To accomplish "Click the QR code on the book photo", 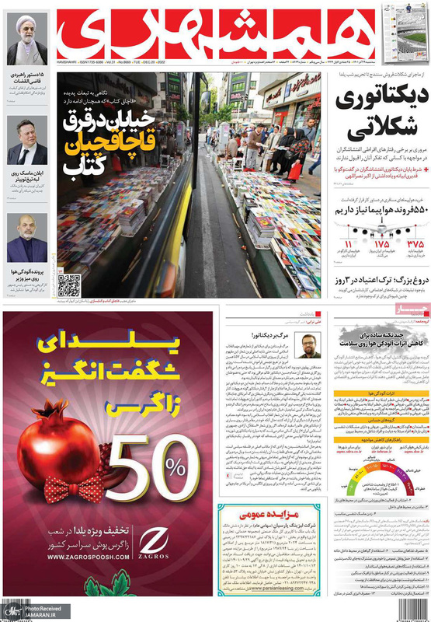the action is (x=68, y=285).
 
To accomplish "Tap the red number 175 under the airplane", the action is (x=381, y=244).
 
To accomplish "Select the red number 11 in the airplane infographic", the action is (x=347, y=245).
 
